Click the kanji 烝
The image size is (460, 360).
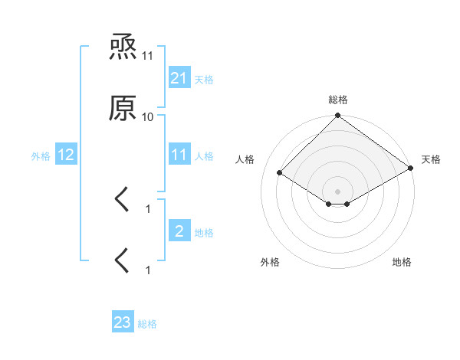(x=123, y=50)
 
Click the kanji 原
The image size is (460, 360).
(x=123, y=110)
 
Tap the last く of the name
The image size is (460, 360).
(x=123, y=260)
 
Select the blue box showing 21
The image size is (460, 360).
(x=179, y=78)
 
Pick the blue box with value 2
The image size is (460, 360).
(x=179, y=231)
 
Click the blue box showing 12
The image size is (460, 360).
(x=66, y=155)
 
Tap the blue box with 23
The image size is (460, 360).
(x=123, y=322)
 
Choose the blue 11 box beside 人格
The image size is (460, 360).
(x=179, y=155)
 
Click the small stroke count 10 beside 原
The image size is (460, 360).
(x=148, y=116)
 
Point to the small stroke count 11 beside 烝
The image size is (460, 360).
(x=148, y=56)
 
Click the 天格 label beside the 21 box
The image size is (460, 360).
(x=204, y=79)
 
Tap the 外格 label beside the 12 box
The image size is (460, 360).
(x=41, y=155)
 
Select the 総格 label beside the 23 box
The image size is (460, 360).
(x=147, y=323)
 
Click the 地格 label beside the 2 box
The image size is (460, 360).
(x=204, y=231)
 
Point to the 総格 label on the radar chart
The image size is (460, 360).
(x=338, y=100)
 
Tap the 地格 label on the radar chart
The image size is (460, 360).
(x=402, y=262)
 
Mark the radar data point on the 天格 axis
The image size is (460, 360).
(x=411, y=169)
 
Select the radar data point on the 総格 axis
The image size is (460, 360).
(x=338, y=117)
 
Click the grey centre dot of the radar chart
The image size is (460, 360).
(x=338, y=191)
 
